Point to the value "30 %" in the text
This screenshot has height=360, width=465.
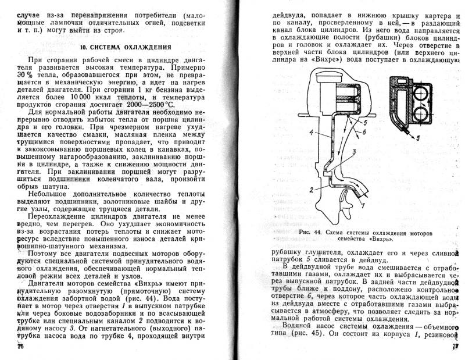(26, 76)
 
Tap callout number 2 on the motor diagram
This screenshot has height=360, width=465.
(312, 189)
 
